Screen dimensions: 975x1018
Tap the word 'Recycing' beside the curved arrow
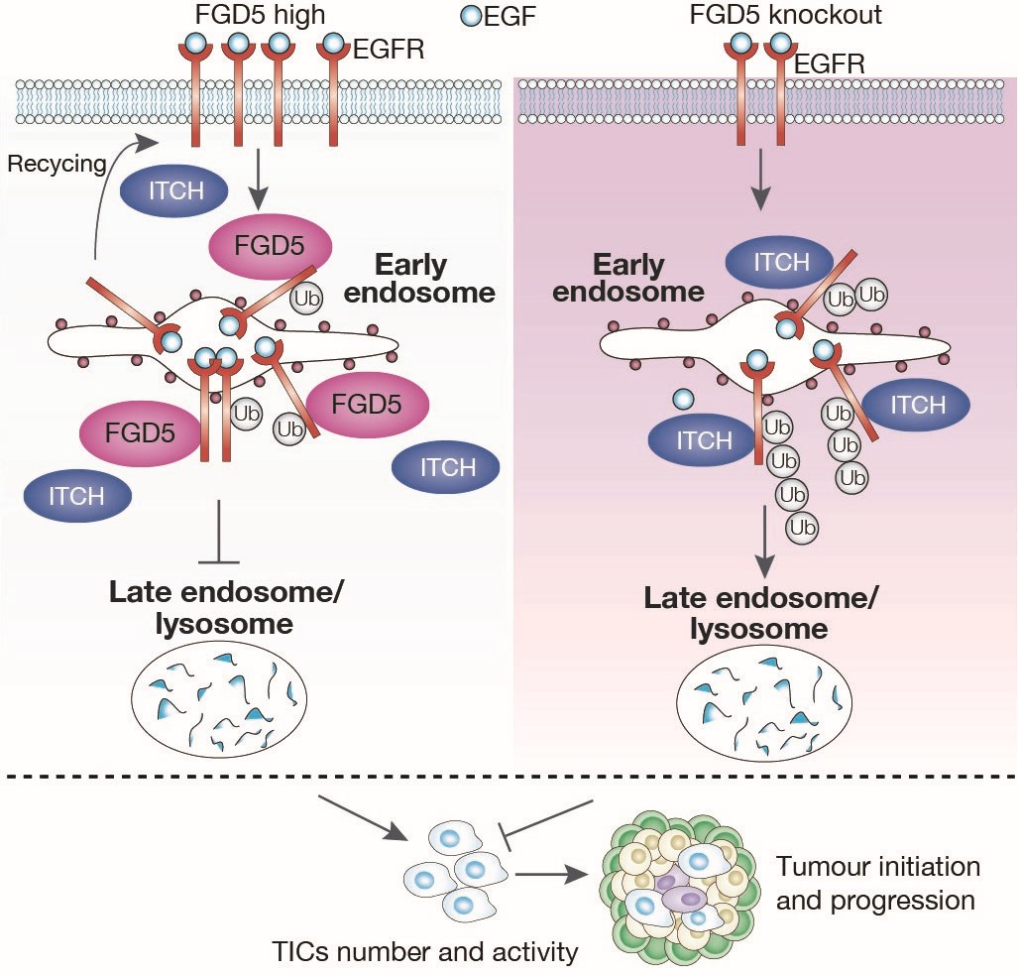pyautogui.click(x=57, y=164)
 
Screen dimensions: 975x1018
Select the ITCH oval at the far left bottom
pyautogui.click(x=76, y=495)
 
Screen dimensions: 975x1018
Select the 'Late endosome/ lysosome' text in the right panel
pyautogui.click(x=761, y=613)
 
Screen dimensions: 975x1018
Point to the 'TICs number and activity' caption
pyautogui.click(x=424, y=953)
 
